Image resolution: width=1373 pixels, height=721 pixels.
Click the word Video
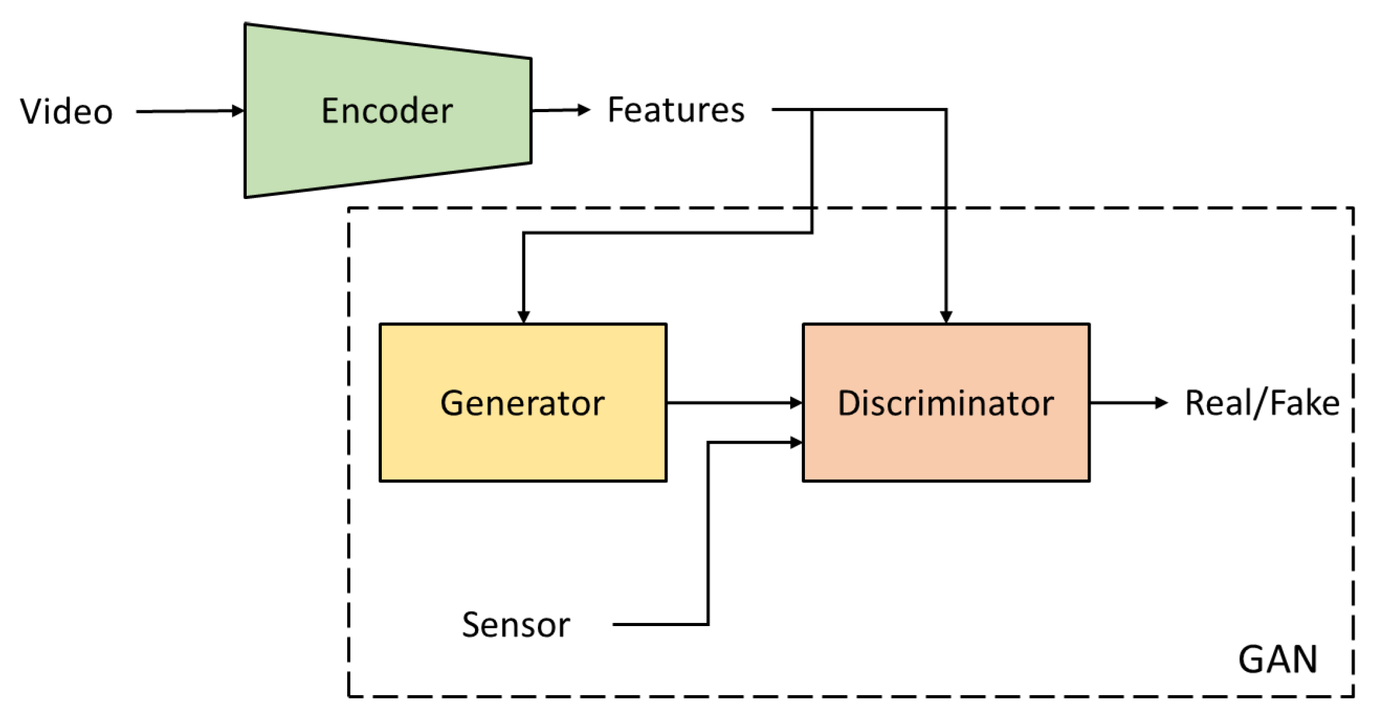point(67,112)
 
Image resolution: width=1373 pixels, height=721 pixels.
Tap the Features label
point(676,110)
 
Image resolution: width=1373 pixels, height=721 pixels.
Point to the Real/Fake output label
point(1262,404)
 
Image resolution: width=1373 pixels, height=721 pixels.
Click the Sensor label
point(516,624)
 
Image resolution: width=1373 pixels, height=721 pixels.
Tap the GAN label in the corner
point(1277,659)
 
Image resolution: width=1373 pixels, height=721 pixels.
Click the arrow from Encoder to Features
point(560,110)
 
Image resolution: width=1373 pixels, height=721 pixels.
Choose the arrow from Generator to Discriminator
point(734,403)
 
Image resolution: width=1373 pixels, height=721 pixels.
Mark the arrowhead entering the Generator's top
point(524,317)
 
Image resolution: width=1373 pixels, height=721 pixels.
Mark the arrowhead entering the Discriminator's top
point(946,317)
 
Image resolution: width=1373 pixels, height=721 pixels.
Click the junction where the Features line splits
point(812,110)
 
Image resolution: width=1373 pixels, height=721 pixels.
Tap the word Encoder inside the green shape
point(387,111)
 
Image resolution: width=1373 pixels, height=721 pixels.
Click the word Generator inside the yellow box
point(522,404)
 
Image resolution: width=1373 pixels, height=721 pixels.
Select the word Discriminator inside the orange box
point(946,404)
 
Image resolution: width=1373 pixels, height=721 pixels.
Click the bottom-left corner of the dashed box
point(349,696)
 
